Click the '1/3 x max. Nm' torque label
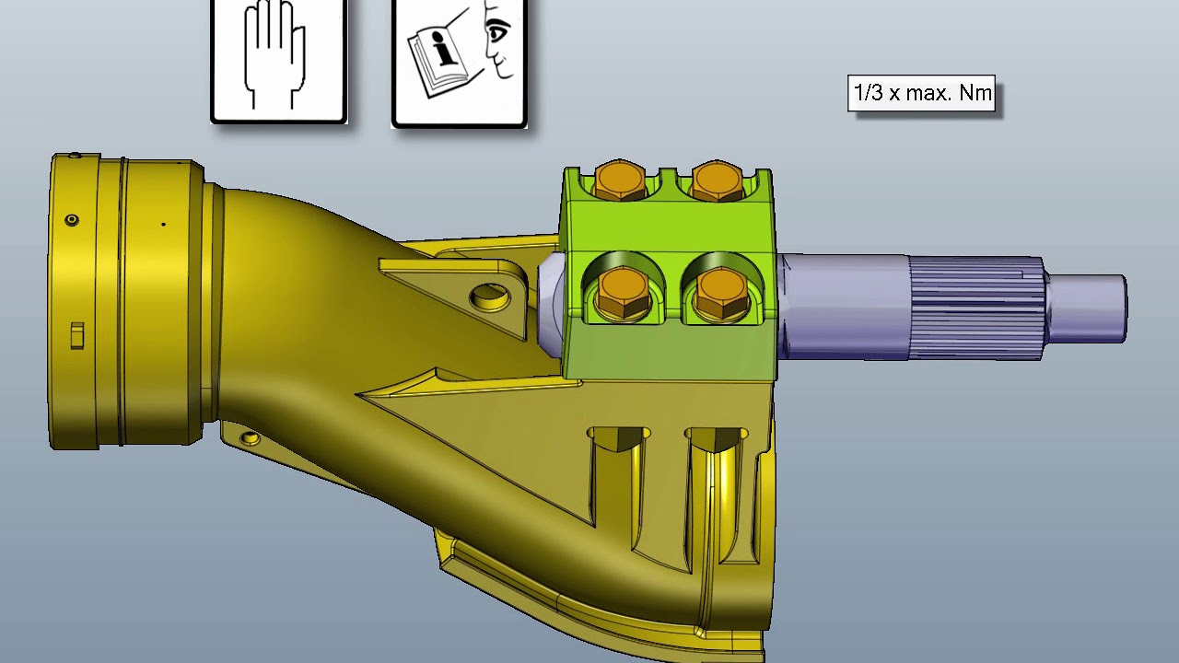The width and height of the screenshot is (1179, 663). (921, 94)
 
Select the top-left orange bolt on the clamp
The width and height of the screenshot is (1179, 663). (620, 181)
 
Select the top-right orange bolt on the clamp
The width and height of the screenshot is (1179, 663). (717, 181)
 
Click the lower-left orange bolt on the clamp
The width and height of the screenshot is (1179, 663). (624, 293)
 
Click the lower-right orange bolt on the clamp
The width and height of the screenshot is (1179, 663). (721, 293)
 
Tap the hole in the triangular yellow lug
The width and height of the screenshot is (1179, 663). (489, 297)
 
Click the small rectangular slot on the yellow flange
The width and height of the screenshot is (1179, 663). (77, 335)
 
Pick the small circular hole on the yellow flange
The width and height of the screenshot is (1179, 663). (72, 220)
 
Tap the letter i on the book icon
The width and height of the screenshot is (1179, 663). (445, 49)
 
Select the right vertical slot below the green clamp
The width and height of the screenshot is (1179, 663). (716, 488)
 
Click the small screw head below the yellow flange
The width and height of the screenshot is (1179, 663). (250, 438)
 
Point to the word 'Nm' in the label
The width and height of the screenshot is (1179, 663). (975, 94)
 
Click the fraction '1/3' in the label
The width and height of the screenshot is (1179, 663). (869, 94)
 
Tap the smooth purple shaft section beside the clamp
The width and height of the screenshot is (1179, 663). (843, 306)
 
